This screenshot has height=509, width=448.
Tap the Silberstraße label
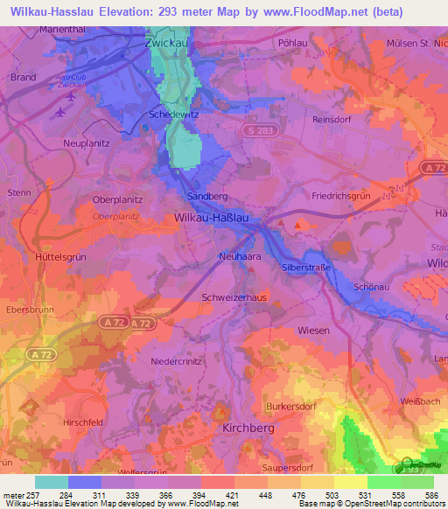pos(307,267)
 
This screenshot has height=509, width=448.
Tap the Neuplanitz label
pos(87,142)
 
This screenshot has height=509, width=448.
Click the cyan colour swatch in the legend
pos(52,482)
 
